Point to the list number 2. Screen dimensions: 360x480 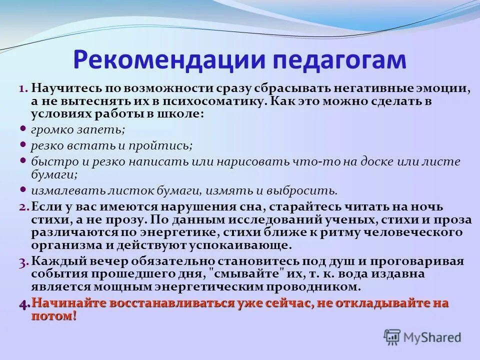point(24,206)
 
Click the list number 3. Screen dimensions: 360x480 point(24,261)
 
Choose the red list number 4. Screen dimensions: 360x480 point(24,303)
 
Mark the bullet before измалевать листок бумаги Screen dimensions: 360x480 point(23,189)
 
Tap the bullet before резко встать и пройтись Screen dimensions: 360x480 point(23,144)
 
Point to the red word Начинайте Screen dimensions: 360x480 point(69,303)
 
